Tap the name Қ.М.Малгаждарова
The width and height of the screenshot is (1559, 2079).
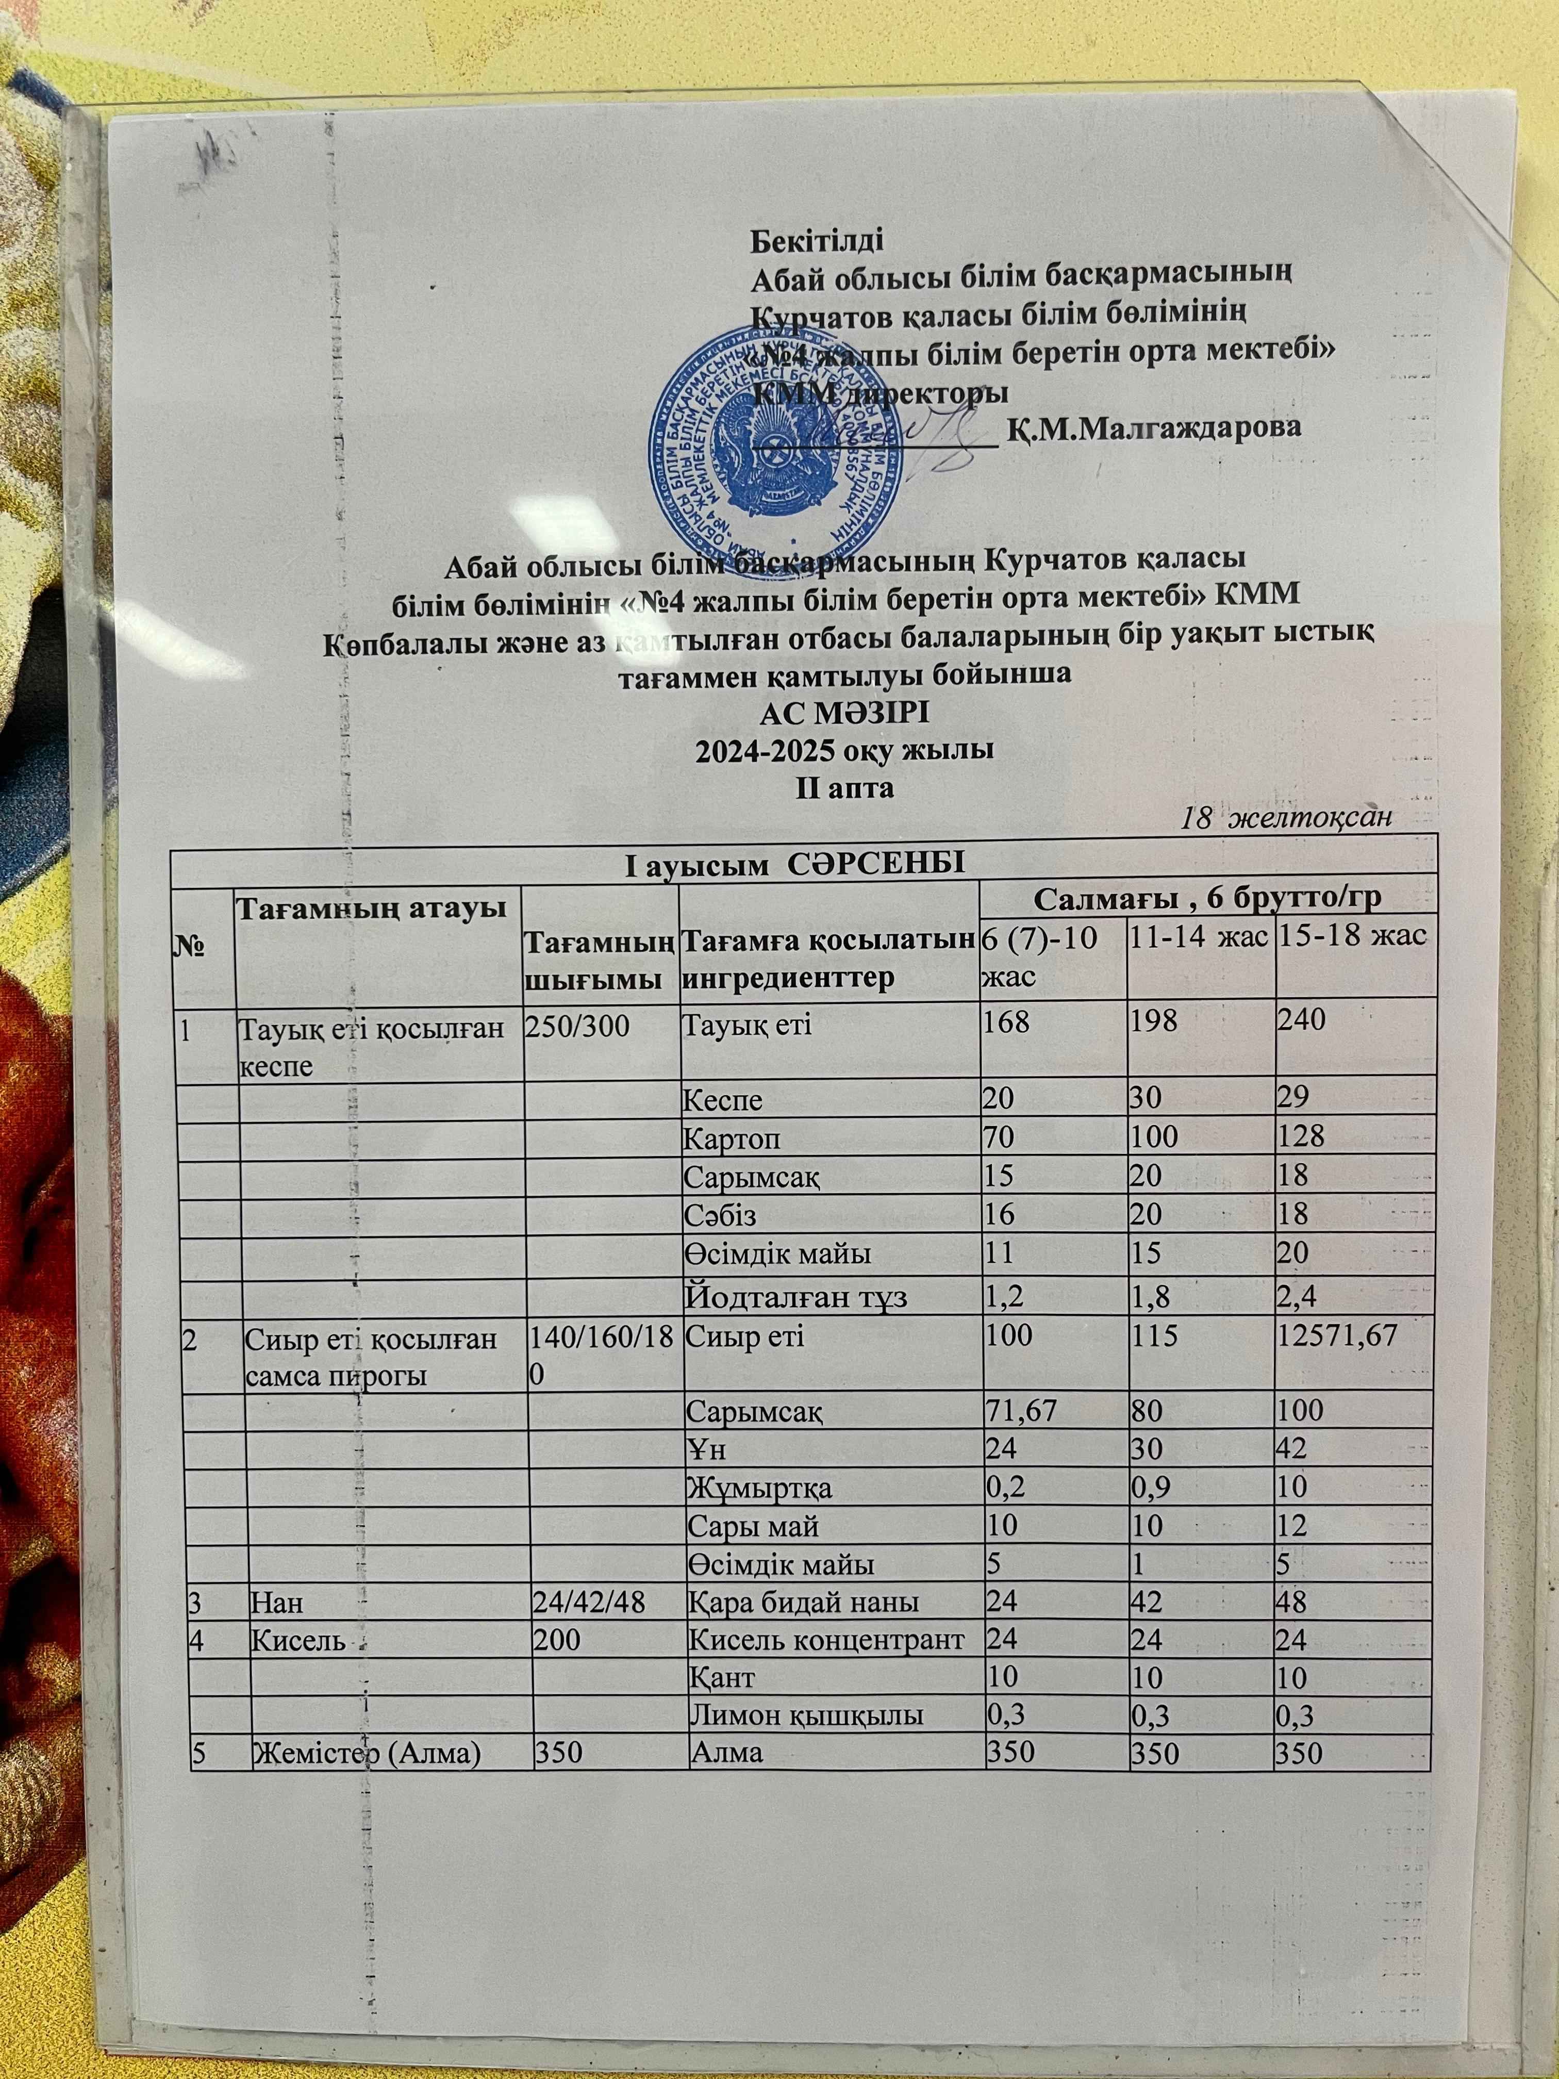1154,428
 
